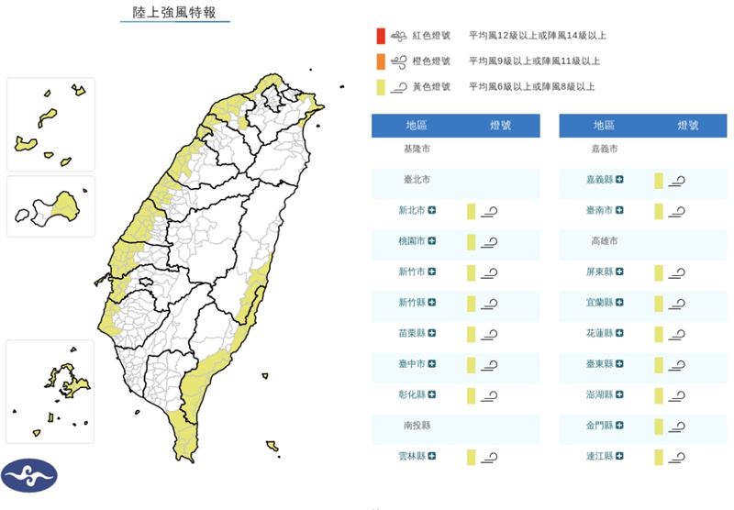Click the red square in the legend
pyautogui.click(x=380, y=37)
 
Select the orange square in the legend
pyautogui.click(x=380, y=61)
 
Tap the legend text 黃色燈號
pyautogui.click(x=432, y=87)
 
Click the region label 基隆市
pyautogui.click(x=416, y=149)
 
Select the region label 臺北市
pyautogui.click(x=416, y=180)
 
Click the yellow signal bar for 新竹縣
pyautogui.click(x=471, y=304)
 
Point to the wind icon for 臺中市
pyautogui.click(x=490, y=365)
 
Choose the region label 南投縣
pyautogui.click(x=416, y=427)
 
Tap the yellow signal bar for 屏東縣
pyautogui.click(x=658, y=272)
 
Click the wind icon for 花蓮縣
pyautogui.click(x=677, y=335)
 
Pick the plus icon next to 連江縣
pyautogui.click(x=619, y=457)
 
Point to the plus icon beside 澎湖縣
pyautogui.click(x=619, y=395)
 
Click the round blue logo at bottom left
pyautogui.click(x=29, y=475)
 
